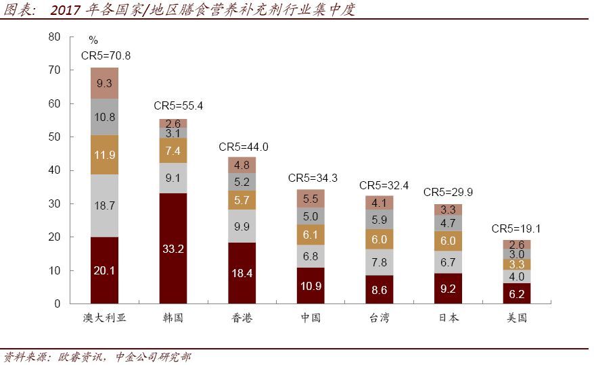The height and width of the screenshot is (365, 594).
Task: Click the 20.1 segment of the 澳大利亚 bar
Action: point(105,270)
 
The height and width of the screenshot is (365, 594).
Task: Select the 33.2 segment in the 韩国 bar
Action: point(173,248)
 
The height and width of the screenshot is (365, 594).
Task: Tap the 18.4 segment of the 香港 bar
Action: point(242,273)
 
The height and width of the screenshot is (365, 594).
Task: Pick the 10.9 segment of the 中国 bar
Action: point(311,285)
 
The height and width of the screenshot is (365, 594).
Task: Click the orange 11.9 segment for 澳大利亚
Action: point(105,155)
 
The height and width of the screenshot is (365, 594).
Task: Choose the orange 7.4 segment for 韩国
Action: point(173,150)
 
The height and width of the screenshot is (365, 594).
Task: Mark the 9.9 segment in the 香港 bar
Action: point(242,226)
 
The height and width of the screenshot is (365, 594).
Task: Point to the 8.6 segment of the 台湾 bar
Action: point(380,289)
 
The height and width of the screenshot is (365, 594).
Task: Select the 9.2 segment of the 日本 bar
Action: point(448,289)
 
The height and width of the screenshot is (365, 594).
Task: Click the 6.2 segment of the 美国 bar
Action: point(517,293)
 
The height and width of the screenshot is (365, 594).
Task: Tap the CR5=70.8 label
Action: point(106,55)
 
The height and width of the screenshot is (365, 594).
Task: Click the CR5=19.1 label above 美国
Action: point(516,228)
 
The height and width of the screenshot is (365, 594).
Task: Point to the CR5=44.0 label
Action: point(244,147)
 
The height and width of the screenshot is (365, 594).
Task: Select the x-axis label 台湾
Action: point(380,317)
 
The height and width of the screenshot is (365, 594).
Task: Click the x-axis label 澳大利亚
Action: point(105,317)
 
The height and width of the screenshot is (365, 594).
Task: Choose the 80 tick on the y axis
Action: point(55,36)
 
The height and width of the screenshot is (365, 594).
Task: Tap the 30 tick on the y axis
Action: point(55,203)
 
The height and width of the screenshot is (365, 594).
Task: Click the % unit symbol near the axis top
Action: point(93,40)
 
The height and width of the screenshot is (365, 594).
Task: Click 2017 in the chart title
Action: point(65,9)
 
